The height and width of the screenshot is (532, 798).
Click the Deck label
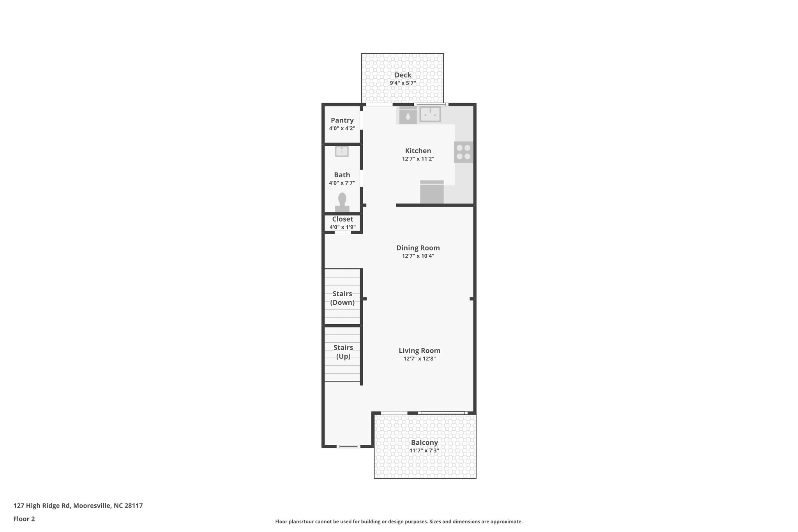point(403,75)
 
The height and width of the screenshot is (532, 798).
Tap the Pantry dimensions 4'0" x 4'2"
point(342,128)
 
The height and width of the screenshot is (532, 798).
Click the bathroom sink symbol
point(342,151)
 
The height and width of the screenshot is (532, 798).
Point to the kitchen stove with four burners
point(463,152)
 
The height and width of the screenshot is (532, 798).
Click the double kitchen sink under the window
point(430,115)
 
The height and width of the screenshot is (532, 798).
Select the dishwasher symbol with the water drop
point(408,116)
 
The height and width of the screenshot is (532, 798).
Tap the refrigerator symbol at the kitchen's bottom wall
point(432,192)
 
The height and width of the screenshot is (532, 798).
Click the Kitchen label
point(418,150)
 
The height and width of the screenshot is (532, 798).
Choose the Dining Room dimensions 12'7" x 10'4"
point(418,256)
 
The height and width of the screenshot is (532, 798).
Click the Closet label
point(342,219)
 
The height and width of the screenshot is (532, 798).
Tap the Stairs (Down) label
point(342,298)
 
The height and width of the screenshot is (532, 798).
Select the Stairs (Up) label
point(343,352)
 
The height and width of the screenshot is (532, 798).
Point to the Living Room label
point(419,350)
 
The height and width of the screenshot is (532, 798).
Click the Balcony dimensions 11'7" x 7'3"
point(424,451)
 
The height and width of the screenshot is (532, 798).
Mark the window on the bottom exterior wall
point(348,446)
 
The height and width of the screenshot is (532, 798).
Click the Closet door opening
point(343,232)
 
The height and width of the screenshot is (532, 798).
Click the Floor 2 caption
point(24,519)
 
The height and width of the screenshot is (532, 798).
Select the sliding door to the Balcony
point(442,413)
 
